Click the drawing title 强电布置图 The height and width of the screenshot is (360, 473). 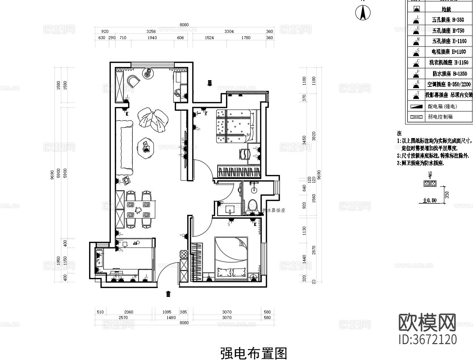pos(253,353)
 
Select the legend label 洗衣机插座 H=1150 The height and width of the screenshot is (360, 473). pos(449,62)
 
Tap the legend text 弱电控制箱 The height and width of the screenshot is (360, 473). pos(440,117)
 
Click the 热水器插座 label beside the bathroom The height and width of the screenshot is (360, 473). pos(273,210)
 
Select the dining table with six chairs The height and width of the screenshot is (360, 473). pos(137,208)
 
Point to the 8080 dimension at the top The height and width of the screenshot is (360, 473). pos(184,25)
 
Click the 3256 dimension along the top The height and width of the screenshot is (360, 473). pos(151,32)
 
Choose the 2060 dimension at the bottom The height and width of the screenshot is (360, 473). pos(128,312)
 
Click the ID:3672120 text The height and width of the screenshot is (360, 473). pos(428,339)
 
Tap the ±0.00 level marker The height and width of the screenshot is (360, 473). pos(430,200)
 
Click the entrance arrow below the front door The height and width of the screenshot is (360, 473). pos(169,294)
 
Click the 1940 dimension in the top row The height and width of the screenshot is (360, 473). pos(152,38)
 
